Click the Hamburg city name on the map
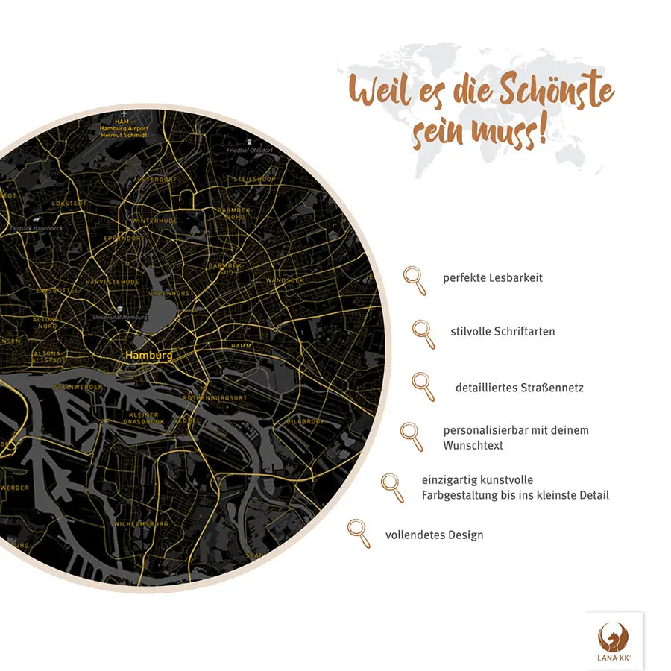pos(149,356)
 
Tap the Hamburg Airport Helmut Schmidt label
pos(124,128)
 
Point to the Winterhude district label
pos(154,221)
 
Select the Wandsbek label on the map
pos(285,280)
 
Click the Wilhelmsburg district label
pos(141,524)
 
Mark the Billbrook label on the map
pos(306,422)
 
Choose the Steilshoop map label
pos(254,180)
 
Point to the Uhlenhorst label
pos(171,293)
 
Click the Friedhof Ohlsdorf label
pos(252,149)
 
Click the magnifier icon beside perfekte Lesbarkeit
pos(415,280)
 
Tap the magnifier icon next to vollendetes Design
pos(359,533)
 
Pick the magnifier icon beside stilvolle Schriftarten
pos(423,333)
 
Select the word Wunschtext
pos(473,445)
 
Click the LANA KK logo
pos(614,640)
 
